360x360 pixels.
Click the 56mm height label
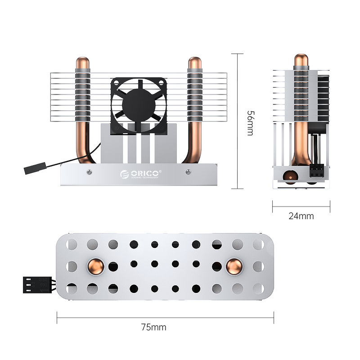(x=251, y=123)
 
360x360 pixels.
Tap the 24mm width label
(x=301, y=216)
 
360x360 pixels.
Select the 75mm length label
(x=154, y=327)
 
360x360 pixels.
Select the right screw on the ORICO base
(x=187, y=171)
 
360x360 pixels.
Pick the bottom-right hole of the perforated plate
(x=258, y=288)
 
